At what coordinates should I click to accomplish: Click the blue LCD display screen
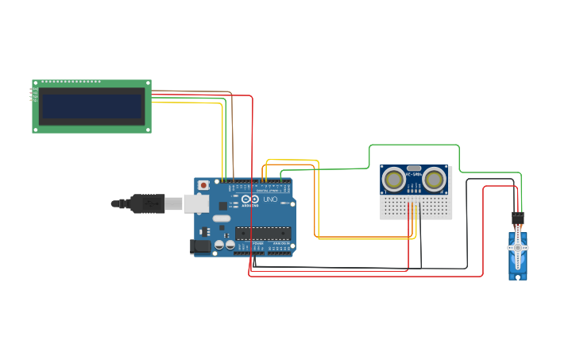(91, 106)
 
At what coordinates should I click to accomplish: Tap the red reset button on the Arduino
(203, 185)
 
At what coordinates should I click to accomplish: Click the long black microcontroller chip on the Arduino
(262, 234)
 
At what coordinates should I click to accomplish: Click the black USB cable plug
(147, 204)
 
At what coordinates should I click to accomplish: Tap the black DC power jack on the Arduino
(201, 246)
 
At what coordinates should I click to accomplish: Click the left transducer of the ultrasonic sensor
(394, 180)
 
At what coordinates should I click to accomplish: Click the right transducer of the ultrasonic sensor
(434, 180)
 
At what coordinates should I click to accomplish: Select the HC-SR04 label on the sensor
(414, 174)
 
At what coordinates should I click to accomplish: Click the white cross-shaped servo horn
(518, 247)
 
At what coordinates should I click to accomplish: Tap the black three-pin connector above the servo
(518, 217)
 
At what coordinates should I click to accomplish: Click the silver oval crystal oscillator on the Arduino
(222, 219)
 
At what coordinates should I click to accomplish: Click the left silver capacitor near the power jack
(219, 245)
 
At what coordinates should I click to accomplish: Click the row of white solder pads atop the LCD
(72, 82)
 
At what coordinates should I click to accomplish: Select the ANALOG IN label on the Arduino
(280, 243)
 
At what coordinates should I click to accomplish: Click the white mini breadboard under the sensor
(416, 208)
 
